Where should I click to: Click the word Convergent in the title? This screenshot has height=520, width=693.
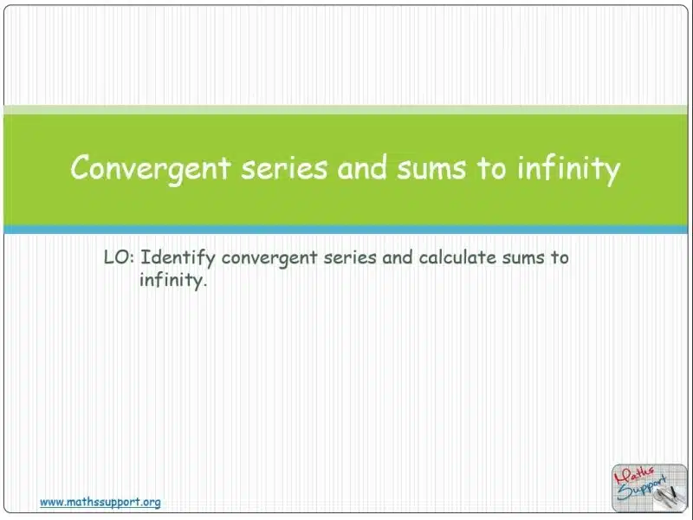(x=151, y=168)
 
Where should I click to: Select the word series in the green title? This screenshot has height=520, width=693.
(x=284, y=168)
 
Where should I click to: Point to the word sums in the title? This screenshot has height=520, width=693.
(x=431, y=170)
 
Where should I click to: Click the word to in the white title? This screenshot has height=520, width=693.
(x=490, y=169)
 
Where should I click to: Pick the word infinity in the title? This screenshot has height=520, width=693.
(x=569, y=170)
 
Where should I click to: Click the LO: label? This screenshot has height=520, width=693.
(x=119, y=257)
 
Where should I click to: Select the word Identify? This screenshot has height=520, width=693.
(x=178, y=258)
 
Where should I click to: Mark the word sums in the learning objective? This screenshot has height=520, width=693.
(x=523, y=258)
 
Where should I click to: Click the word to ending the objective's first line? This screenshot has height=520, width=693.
(x=560, y=257)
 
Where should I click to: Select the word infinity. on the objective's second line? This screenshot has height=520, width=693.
(x=173, y=280)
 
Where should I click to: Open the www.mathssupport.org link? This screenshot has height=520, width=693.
(x=100, y=503)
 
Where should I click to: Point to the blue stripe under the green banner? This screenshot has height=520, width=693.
(x=346, y=230)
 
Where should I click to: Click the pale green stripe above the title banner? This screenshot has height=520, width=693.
(x=346, y=110)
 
